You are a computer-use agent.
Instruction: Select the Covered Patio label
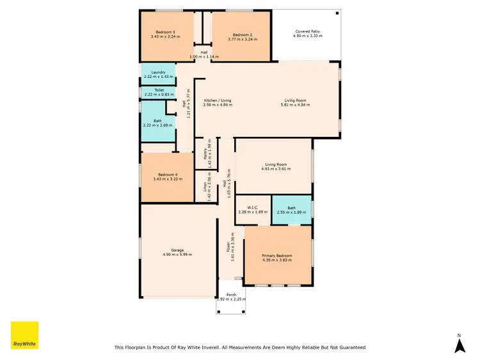click(307, 31)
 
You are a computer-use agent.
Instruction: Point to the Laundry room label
click(159, 72)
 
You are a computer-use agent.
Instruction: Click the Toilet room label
click(159, 90)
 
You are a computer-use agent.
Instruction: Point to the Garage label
click(177, 250)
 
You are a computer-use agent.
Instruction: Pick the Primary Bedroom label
click(276, 256)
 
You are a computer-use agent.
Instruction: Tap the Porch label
click(231, 295)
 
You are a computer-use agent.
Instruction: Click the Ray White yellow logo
click(24, 335)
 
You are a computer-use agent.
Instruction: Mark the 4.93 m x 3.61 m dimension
click(276, 169)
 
